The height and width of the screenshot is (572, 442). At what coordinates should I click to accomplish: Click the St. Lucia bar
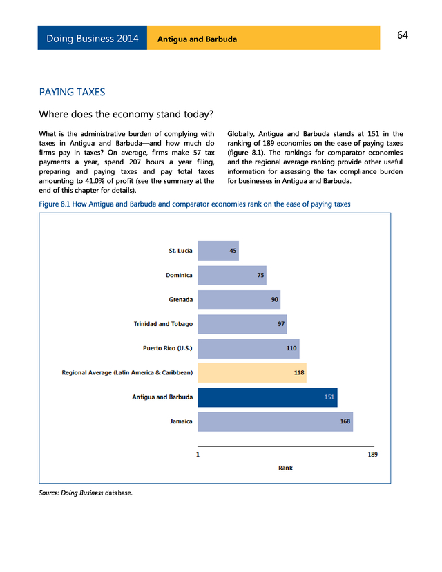point(218,251)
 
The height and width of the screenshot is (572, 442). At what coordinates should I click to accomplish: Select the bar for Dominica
point(232,275)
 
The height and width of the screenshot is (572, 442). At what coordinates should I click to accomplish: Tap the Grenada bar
point(239,300)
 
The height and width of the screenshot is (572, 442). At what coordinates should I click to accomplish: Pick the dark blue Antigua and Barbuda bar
point(267,397)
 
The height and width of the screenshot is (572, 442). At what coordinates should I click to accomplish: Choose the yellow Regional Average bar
point(252,373)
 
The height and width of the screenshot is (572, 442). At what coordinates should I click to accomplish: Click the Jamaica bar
point(275,421)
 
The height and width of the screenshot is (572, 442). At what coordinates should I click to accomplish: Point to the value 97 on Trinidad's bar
point(281,324)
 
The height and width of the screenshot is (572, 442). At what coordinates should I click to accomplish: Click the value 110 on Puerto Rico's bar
point(291,348)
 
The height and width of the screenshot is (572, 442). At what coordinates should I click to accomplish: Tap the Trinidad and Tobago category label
point(163,324)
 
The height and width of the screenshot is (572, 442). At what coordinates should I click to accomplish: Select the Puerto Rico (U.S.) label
point(167,348)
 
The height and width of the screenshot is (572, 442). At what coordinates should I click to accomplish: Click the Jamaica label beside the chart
point(181,421)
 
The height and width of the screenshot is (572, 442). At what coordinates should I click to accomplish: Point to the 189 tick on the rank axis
point(373,455)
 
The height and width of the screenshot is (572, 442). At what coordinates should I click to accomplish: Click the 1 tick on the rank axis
point(198,455)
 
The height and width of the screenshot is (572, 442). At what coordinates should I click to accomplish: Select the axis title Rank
point(285,468)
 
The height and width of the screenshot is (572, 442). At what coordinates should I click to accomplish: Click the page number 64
point(403,36)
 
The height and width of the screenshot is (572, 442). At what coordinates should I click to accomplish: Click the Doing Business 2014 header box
point(93,39)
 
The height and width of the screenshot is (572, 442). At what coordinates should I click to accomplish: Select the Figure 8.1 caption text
point(195,204)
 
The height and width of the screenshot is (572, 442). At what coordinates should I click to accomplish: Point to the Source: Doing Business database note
point(85,493)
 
